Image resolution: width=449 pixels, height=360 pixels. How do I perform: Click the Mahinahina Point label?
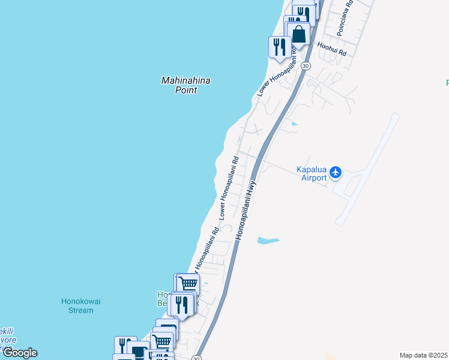tap(179, 85)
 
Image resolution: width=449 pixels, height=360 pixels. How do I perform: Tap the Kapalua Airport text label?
tap(312, 173)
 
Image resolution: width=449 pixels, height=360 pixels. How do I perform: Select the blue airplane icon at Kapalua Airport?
tap(336, 173)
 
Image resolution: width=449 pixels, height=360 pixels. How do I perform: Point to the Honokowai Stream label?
tap(77, 306)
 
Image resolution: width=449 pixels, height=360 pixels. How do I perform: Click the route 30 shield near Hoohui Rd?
tap(306, 66)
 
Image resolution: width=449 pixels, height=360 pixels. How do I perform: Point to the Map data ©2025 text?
tap(423, 355)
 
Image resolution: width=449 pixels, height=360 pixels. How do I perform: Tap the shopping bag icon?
tap(298, 34)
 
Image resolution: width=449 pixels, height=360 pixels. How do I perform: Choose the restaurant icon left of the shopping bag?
tap(279, 47)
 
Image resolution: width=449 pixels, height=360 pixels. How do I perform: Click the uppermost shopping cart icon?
tap(188, 284)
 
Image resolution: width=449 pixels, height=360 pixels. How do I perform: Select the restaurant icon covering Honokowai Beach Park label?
tap(182, 305)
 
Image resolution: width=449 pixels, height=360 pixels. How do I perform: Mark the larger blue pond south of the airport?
tap(268, 241)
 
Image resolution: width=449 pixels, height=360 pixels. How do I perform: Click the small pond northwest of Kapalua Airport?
tap(293, 124)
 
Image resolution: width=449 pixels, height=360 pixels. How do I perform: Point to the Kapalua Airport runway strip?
tap(367, 167)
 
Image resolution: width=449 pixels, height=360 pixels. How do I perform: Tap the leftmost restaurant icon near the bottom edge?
tap(125, 346)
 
